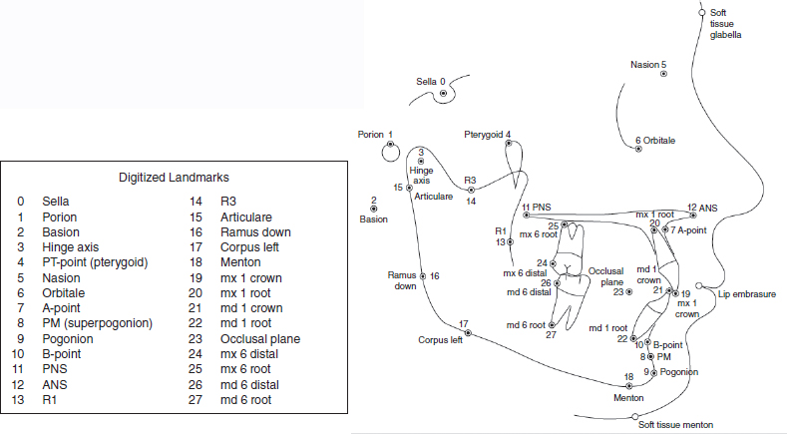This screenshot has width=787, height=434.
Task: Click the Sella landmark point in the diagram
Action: (x=443, y=93)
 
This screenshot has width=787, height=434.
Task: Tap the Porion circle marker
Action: (x=390, y=150)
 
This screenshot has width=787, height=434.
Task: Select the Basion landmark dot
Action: (x=373, y=209)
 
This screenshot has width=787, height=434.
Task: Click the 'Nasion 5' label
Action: (x=648, y=65)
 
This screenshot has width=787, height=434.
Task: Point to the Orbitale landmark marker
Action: (x=637, y=152)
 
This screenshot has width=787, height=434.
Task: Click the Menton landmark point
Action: (x=628, y=385)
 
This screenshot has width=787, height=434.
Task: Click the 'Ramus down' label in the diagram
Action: (x=404, y=280)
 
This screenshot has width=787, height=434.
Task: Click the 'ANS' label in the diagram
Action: (x=707, y=208)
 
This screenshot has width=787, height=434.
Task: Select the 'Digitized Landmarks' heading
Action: (x=175, y=178)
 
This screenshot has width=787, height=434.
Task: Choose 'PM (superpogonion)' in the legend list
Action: (x=97, y=323)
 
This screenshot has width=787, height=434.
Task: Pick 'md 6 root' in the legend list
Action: (x=245, y=400)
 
